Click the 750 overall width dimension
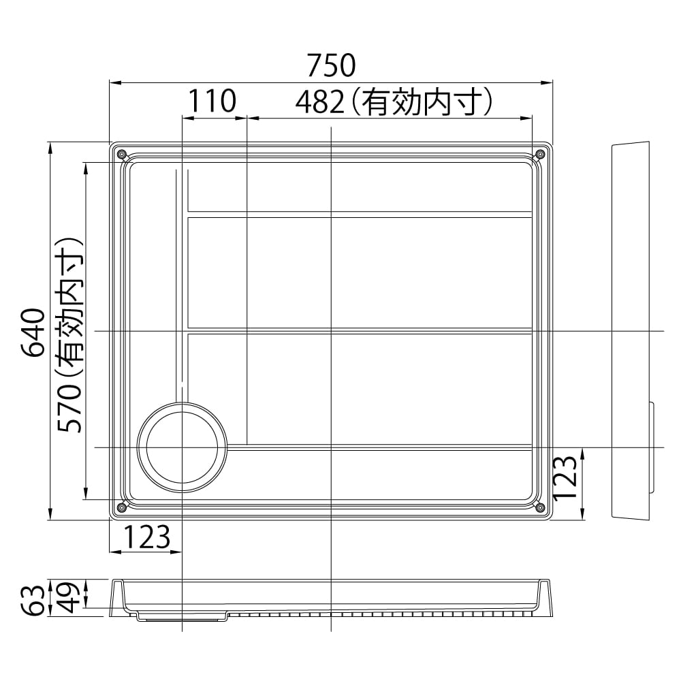click(x=332, y=65)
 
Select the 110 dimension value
click(x=212, y=101)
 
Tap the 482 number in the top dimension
click(x=319, y=103)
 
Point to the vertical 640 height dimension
click(x=33, y=332)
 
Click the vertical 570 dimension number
click(x=69, y=407)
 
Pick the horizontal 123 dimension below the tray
click(x=147, y=537)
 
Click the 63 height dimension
click(x=33, y=600)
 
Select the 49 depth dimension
click(x=69, y=597)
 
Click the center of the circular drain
click(x=182, y=447)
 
